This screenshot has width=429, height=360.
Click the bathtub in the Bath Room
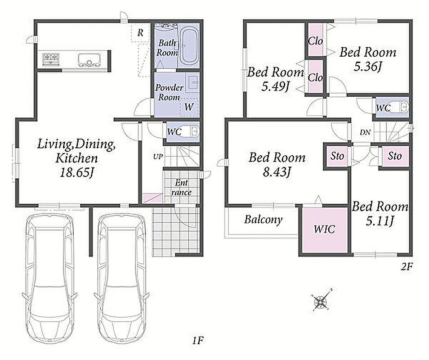189,46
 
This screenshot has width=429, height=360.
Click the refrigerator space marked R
140,33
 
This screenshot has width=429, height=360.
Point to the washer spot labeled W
189,107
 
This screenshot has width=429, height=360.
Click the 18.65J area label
77,173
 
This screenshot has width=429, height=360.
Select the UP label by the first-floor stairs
158,157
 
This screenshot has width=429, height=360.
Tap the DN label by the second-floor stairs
365,132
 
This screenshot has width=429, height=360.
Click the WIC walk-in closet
325,229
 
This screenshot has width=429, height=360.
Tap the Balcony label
263,219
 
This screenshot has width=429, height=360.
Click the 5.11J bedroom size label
380,221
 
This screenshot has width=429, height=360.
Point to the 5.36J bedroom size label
367,67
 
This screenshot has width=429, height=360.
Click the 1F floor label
197,341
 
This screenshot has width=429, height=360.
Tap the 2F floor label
407,266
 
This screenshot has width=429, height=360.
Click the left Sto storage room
337,156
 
